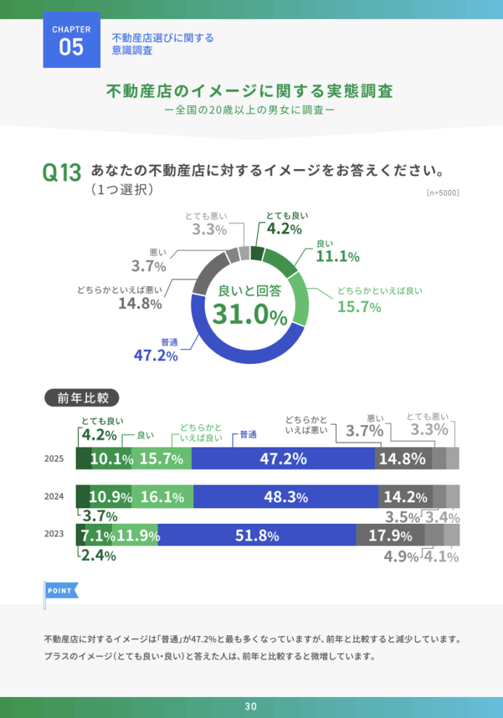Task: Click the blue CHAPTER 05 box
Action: [72, 41]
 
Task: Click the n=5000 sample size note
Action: [442, 192]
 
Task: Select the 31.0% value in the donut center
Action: [250, 316]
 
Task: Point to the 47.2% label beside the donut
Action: [156, 355]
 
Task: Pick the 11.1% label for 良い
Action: [338, 257]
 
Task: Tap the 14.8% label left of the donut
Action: [140, 304]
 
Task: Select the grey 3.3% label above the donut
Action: [209, 229]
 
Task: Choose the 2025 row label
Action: [54, 459]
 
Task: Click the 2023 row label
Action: [54, 534]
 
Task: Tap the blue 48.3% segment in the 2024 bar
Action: [286, 497]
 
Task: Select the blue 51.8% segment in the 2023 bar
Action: [257, 536]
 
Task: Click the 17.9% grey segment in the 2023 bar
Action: [390, 536]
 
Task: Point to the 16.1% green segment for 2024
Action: [162, 497]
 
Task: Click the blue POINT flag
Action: [60, 590]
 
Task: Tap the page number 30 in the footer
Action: [251, 706]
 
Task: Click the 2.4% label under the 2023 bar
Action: [99, 555]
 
